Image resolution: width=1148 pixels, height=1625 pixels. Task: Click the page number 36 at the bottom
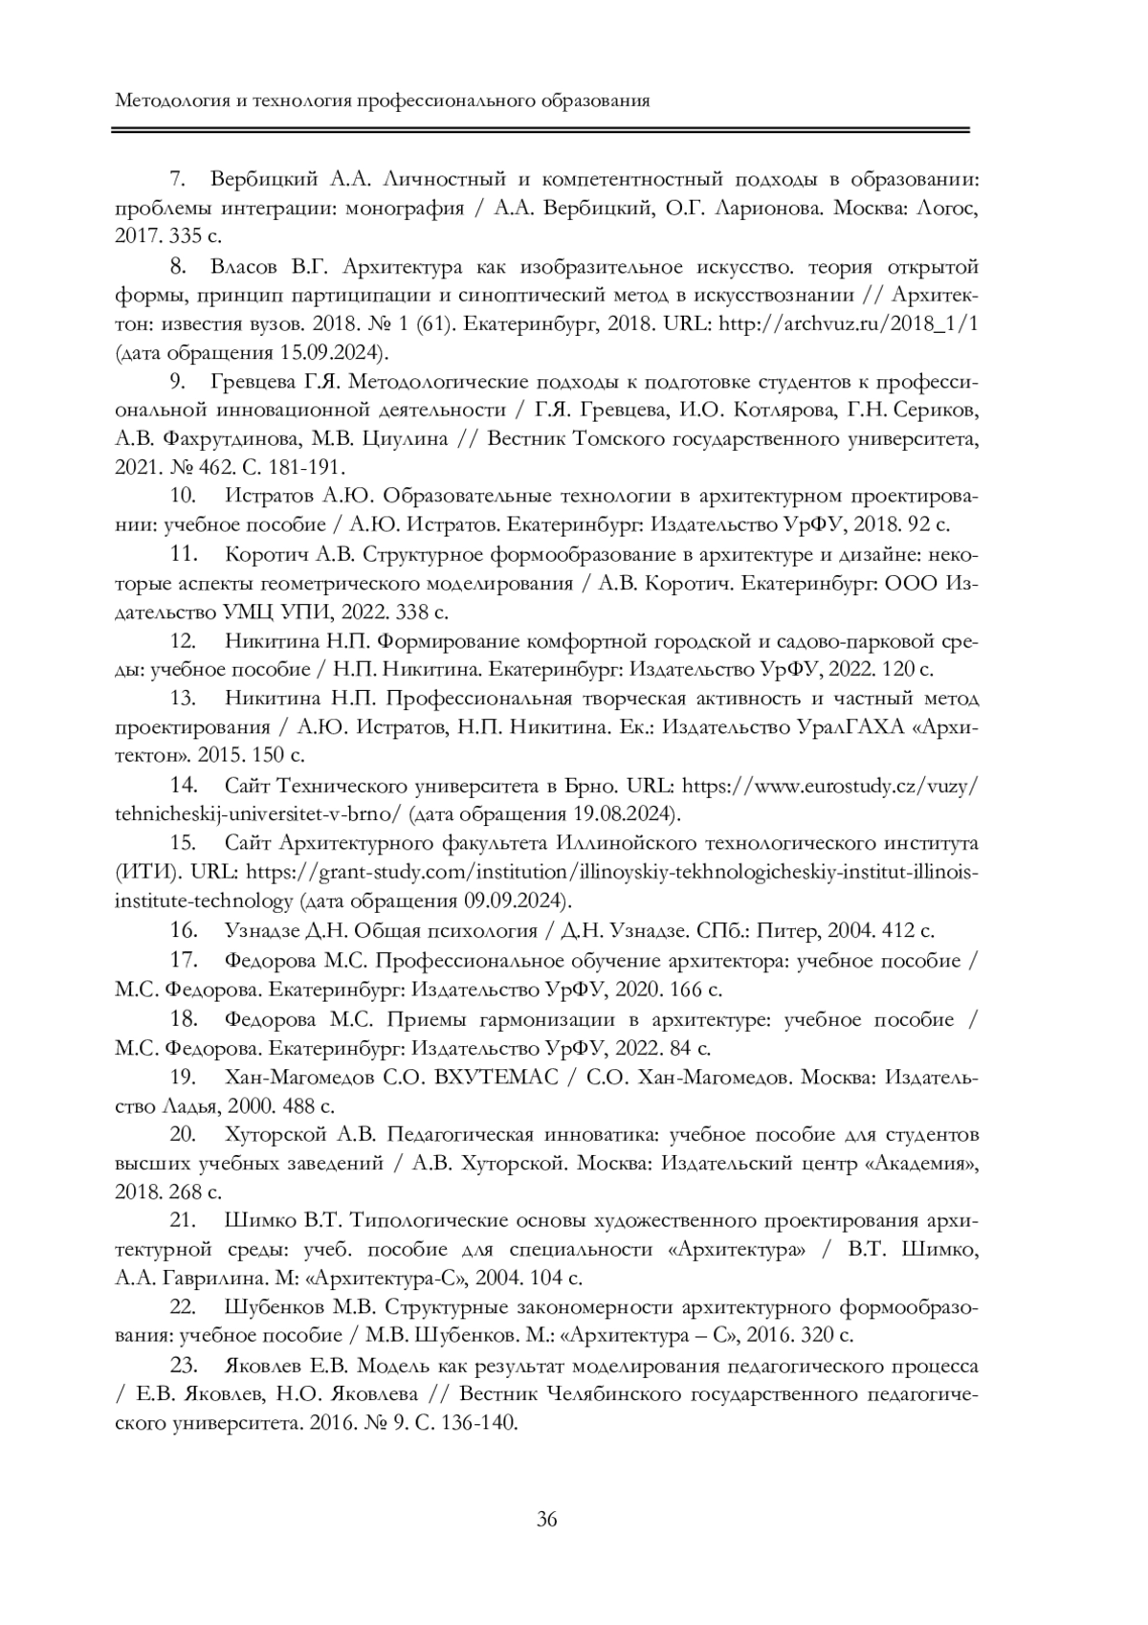tap(547, 1519)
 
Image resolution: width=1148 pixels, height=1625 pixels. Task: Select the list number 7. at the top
tap(176, 179)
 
